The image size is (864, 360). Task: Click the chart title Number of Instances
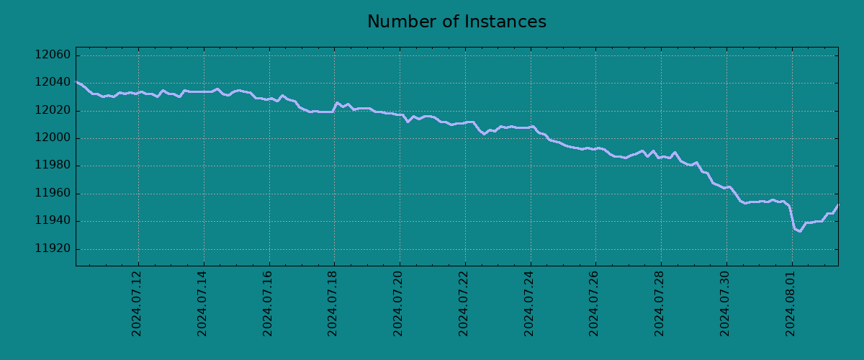click(x=456, y=22)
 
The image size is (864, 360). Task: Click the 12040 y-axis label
click(x=53, y=84)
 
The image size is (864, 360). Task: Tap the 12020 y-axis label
click(x=53, y=111)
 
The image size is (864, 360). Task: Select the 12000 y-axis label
click(x=53, y=139)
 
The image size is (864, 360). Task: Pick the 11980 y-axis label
click(x=53, y=166)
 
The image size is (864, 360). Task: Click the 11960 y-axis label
click(x=53, y=194)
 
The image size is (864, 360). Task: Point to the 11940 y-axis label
click(x=53, y=222)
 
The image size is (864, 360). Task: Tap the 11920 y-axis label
click(x=53, y=249)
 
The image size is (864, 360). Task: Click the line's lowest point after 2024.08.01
click(x=799, y=231)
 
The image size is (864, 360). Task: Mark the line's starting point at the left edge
click(x=76, y=82)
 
